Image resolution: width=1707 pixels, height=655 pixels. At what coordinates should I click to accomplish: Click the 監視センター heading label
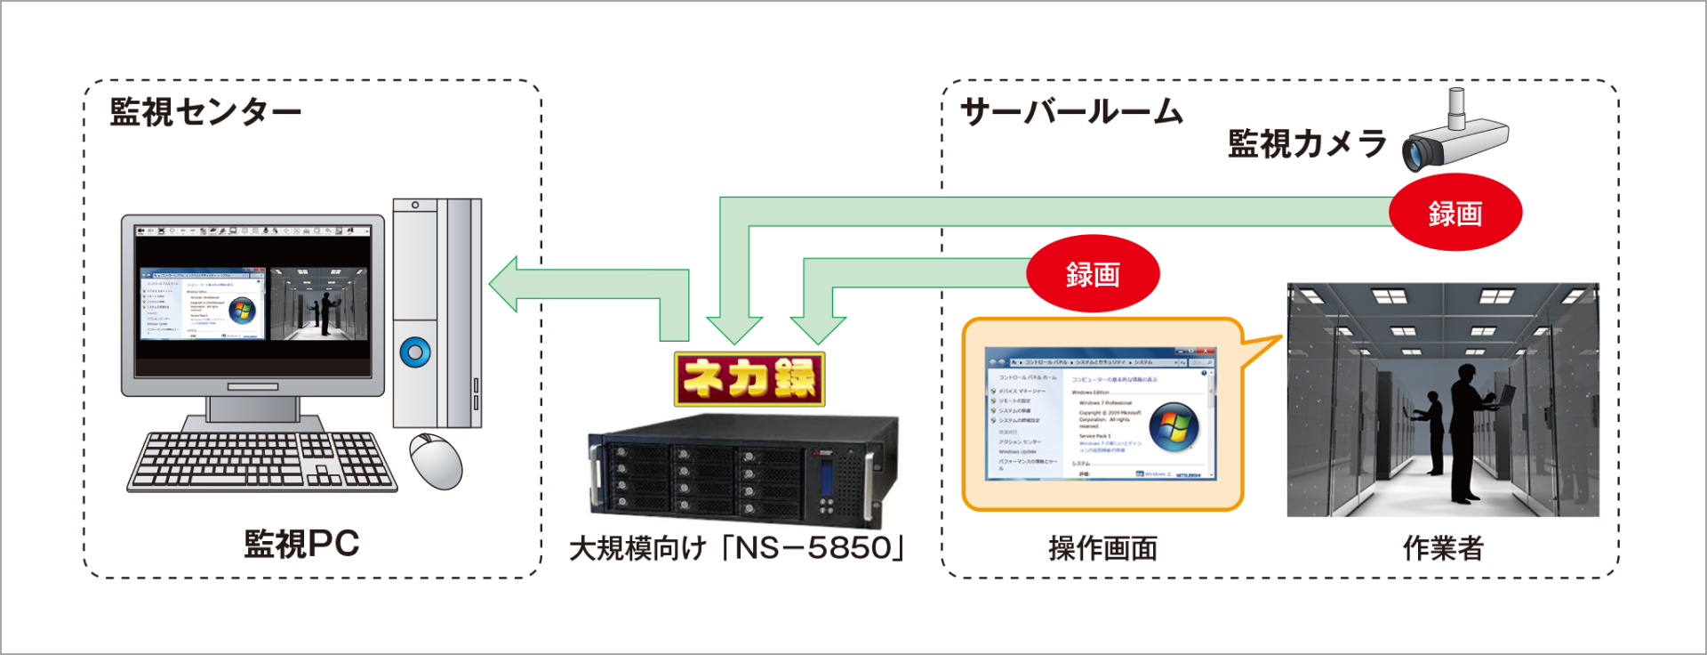205,113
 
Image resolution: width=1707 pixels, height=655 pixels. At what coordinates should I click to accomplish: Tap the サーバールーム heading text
1071,113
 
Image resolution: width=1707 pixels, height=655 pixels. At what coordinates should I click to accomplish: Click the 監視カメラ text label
1306,144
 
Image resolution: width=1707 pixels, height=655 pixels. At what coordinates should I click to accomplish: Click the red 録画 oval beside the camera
1455,214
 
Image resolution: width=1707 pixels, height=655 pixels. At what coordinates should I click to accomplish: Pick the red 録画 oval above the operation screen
1093,274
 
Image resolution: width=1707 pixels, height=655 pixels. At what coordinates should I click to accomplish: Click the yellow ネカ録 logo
749,379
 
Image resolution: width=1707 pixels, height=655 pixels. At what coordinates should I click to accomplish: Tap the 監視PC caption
301,544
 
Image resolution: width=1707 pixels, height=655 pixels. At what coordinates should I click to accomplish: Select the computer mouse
437,460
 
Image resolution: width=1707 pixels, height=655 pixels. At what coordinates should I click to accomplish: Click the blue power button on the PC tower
415,352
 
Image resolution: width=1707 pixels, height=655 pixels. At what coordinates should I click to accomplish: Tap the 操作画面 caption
1102,548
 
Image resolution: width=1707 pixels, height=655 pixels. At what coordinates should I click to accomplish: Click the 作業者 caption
1443,548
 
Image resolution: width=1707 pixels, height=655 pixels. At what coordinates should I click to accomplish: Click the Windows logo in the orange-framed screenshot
1174,426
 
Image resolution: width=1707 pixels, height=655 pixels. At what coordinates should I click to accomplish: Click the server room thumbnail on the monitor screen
318,304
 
